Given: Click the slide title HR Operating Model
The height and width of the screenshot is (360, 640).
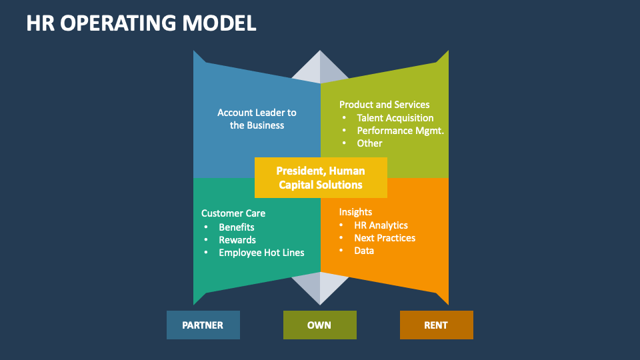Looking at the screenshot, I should [x=141, y=23].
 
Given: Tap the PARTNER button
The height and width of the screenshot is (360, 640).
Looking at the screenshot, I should [x=203, y=325].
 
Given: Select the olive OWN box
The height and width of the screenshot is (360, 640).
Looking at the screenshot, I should [x=319, y=325].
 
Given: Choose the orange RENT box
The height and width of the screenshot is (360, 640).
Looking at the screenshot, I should [x=436, y=325].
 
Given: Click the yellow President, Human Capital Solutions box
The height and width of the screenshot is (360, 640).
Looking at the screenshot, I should [x=321, y=178].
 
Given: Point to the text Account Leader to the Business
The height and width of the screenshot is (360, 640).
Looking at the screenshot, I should [x=257, y=119].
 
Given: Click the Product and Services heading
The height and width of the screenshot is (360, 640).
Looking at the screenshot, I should [x=384, y=104].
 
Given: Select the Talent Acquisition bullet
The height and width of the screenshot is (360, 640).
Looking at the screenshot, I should [x=395, y=117].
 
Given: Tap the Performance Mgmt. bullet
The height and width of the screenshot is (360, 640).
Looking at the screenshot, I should [x=400, y=131].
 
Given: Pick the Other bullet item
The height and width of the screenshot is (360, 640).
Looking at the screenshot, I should [x=369, y=143].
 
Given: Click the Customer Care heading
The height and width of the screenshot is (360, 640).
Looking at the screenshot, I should [x=233, y=213].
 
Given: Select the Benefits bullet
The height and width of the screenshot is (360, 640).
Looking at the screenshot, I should [x=237, y=227].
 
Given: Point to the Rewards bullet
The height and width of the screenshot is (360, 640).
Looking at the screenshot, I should [x=237, y=240].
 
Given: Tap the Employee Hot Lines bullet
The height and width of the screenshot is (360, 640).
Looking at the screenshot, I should [x=261, y=253].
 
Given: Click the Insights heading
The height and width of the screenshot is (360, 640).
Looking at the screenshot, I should [x=355, y=212].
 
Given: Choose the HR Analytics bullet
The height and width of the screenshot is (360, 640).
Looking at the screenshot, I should [x=381, y=225].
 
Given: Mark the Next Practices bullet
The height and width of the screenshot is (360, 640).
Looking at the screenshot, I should [x=385, y=238].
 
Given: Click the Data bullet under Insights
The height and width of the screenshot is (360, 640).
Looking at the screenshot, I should [x=364, y=251].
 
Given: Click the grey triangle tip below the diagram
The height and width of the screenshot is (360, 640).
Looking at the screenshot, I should [x=320, y=293].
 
